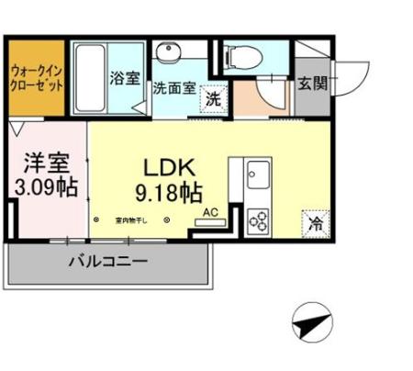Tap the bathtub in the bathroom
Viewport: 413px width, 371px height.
click(90, 78)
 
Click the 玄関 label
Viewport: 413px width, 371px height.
click(310, 84)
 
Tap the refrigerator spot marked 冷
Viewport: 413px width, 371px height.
click(315, 223)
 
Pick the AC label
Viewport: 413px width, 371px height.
click(210, 213)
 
